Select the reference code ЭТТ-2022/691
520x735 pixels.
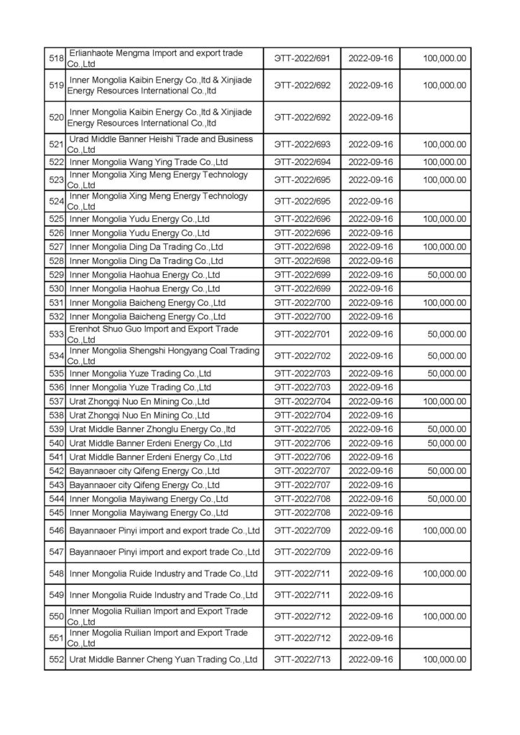click(302, 59)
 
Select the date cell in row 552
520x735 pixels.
click(370, 659)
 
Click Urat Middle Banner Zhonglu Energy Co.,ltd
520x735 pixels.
click(152, 429)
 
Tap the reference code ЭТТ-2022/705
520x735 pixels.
click(302, 429)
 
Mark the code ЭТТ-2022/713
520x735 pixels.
click(302, 659)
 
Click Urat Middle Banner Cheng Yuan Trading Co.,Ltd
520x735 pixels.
click(164, 659)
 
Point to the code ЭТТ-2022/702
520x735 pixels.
click(302, 355)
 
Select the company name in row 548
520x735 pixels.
click(164, 574)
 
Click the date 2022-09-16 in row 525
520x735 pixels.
click(370, 218)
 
